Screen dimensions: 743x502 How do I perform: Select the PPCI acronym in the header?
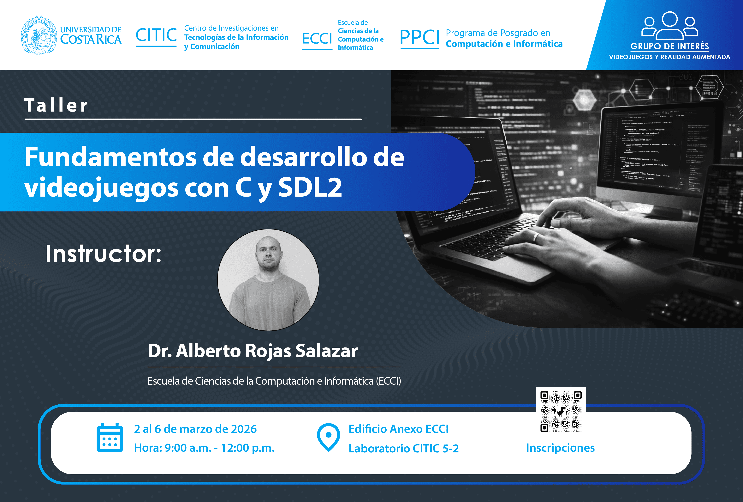pyautogui.click(x=420, y=37)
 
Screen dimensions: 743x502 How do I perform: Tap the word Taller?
pyautogui.click(x=56, y=105)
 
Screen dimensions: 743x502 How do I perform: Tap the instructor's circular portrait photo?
pyautogui.click(x=268, y=280)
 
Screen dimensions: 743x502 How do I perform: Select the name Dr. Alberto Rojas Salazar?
pyautogui.click(x=253, y=351)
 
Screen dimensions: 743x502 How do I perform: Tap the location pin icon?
pyautogui.click(x=328, y=437)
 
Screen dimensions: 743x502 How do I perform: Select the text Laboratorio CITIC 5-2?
pyautogui.click(x=403, y=449)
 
